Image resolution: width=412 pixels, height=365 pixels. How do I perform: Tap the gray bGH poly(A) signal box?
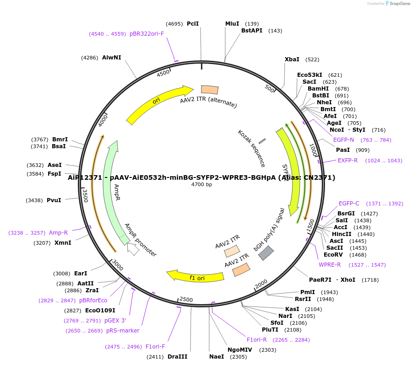click(x=266, y=253)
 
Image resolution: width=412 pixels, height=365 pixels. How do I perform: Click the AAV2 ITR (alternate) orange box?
click(x=210, y=90)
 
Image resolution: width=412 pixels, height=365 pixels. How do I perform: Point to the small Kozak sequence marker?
click(x=262, y=141)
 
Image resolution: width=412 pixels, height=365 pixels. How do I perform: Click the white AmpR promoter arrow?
click(x=133, y=250)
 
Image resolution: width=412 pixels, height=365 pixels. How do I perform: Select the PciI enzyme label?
click(x=193, y=24)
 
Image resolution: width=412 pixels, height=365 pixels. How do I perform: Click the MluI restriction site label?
click(x=232, y=24)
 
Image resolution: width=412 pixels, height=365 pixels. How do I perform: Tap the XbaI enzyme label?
click(x=292, y=59)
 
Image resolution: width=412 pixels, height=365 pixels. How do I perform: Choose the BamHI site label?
click(x=318, y=89)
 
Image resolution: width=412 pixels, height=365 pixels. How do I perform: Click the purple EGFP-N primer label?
click(x=343, y=140)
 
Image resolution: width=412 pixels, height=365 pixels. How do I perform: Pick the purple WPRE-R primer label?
click(x=330, y=265)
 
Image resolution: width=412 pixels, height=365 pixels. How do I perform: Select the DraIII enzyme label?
click(x=177, y=357)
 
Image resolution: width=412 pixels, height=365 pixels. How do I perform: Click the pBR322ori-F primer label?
click(x=146, y=34)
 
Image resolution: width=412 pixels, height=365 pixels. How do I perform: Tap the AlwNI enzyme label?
click(x=112, y=58)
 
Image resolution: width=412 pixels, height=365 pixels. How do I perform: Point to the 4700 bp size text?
click(x=202, y=185)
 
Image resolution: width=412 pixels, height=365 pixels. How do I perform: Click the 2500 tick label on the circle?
click(x=186, y=300)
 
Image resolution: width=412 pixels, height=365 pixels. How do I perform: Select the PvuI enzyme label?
click(x=54, y=200)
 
